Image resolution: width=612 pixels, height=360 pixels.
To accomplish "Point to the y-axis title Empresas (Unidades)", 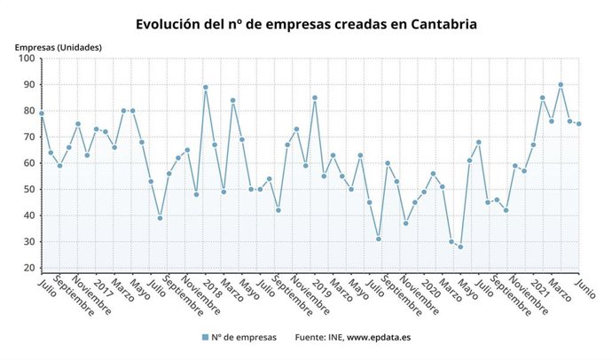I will pyautogui.click(x=58, y=47).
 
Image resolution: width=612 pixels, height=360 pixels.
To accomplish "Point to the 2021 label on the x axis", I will pyautogui.click(x=537, y=287).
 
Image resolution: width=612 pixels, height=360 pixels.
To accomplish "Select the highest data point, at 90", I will pyautogui.click(x=561, y=84).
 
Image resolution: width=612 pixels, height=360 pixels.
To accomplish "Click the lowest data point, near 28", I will pyautogui.click(x=460, y=247).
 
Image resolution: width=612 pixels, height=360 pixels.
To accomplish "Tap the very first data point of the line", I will pyautogui.click(x=42, y=113).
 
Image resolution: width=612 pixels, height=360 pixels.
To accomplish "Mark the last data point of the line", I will pyautogui.click(x=579, y=124).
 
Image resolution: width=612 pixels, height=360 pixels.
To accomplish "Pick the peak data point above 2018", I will pyautogui.click(x=206, y=87).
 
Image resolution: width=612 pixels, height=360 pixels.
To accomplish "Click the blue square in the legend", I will pyautogui.click(x=205, y=337).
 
